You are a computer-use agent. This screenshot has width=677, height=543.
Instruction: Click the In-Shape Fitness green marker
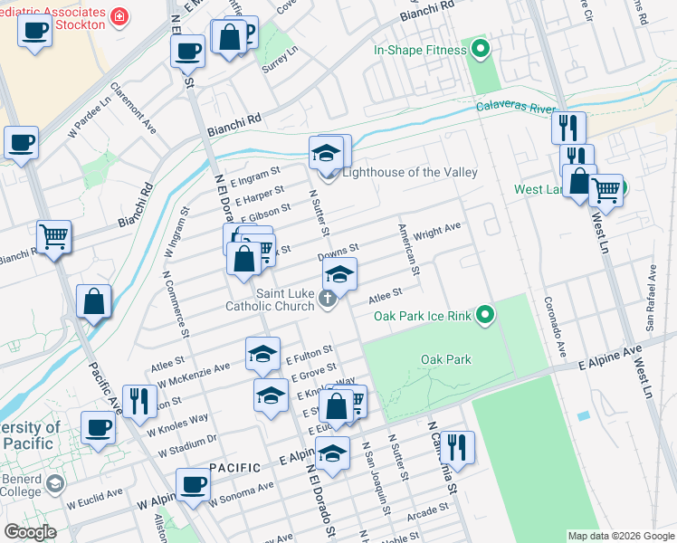481,50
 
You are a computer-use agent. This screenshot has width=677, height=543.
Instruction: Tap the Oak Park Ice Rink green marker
486,315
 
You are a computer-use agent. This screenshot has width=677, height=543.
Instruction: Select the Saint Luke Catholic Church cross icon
330,299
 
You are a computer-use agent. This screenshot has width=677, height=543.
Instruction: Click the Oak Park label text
446,359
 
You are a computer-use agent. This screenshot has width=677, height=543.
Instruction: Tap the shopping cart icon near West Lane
605,191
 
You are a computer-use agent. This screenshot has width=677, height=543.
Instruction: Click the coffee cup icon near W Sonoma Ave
192,484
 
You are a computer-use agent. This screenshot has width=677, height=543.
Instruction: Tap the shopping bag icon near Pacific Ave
94,301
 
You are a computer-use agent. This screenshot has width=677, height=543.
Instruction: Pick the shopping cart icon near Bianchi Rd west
54,237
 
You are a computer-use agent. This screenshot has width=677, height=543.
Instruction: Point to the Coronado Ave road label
555,325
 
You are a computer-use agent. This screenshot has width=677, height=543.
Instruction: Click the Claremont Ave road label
133,110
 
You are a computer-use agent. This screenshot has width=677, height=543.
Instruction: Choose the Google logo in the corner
31,532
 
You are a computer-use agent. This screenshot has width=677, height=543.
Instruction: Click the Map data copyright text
621,536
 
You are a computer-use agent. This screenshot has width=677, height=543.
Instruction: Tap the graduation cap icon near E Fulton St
262,353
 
